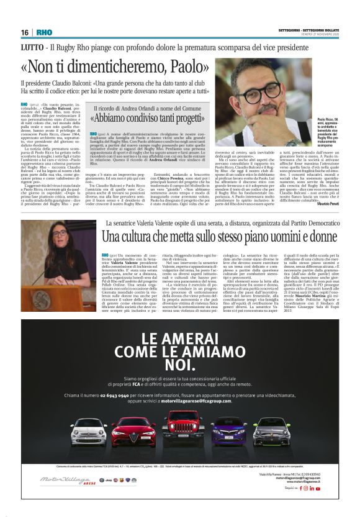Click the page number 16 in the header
(x=25, y=32)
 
